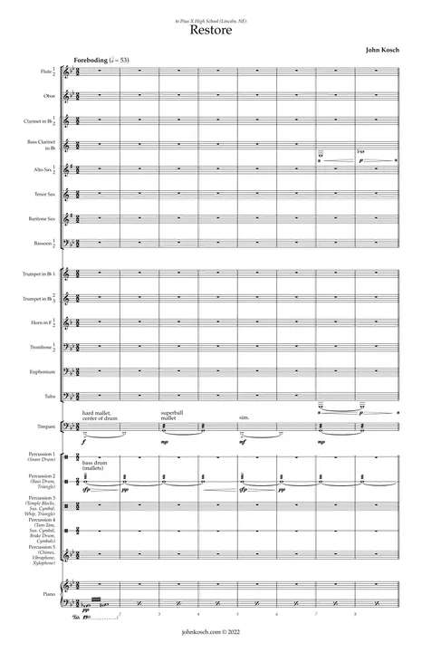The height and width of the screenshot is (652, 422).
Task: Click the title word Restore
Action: coord(211,30)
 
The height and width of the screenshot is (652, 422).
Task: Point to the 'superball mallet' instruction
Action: coord(172,417)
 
